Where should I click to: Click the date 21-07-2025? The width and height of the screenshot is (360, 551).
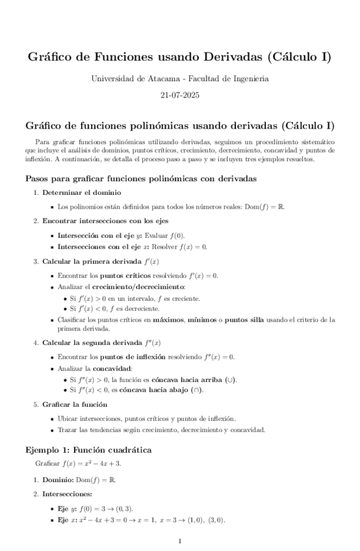(179, 95)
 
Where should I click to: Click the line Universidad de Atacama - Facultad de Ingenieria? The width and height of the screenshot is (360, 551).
(179, 79)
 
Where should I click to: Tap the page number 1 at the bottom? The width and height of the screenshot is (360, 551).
(179, 541)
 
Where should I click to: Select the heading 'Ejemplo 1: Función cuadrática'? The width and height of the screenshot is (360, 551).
(88, 450)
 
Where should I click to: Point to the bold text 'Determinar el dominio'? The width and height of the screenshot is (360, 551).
(81, 193)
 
